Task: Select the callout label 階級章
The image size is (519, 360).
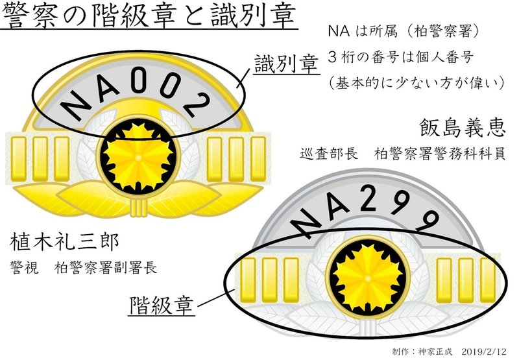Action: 163,304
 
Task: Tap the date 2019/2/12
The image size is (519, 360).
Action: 482,351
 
